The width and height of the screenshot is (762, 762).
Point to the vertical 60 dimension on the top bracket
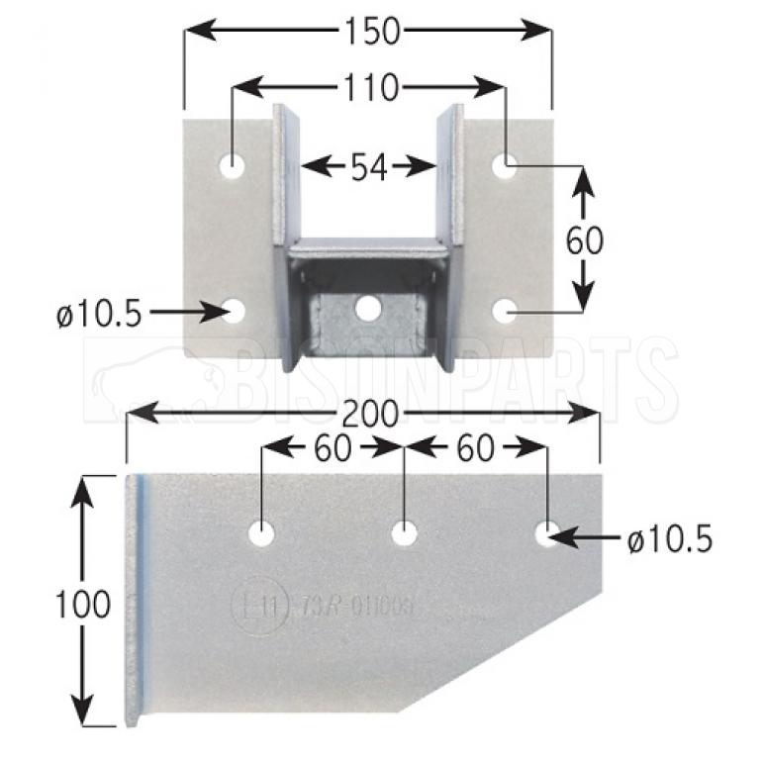point(586,239)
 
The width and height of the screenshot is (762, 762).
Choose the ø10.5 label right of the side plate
point(669,539)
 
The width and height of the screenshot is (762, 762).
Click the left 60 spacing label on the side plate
point(332,448)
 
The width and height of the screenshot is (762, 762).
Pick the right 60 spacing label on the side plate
point(476,448)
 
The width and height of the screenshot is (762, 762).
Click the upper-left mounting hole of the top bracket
point(234,166)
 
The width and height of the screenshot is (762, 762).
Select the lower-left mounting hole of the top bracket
point(234,312)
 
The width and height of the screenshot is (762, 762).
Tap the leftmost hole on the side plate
point(261,533)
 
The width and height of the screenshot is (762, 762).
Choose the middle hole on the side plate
point(404,533)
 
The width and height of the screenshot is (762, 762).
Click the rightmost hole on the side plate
point(546,533)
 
